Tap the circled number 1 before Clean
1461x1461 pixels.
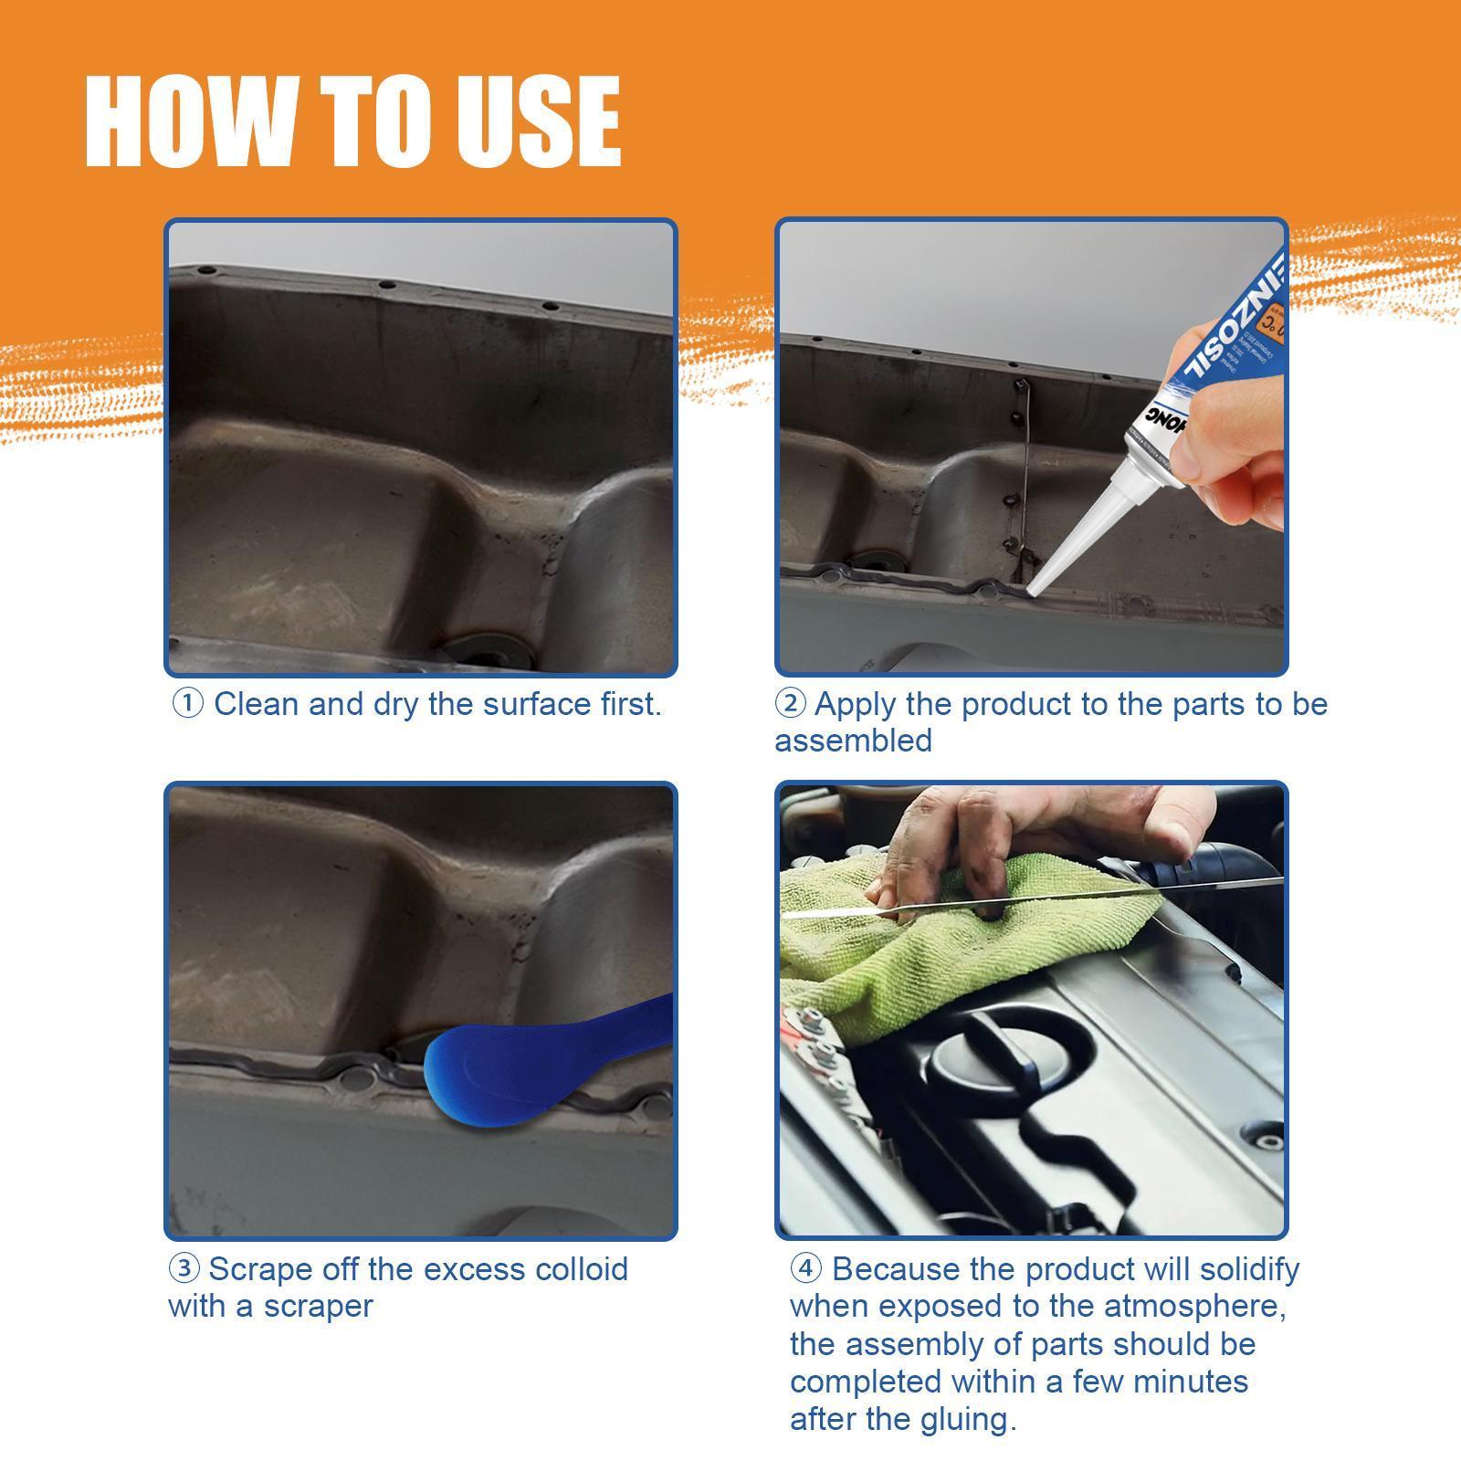[x=187, y=704]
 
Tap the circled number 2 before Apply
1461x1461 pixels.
[x=790, y=704]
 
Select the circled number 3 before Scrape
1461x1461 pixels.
[x=184, y=1269]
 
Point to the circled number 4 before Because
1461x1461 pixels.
[x=805, y=1269]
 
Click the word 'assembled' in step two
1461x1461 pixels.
[x=853, y=741]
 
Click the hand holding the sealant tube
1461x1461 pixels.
[x=1233, y=429]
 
